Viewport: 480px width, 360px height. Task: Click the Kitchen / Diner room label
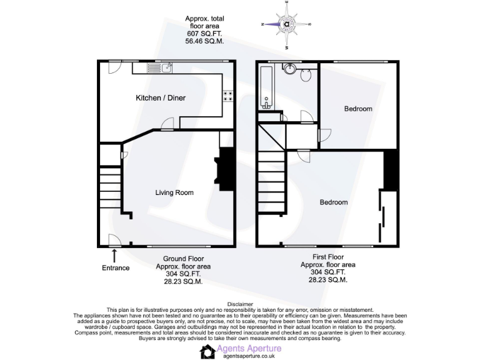(x=161, y=98)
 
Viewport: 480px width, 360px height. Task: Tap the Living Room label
(x=174, y=192)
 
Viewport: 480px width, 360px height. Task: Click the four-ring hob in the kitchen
(x=228, y=97)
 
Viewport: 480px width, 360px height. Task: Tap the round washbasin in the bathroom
(x=289, y=69)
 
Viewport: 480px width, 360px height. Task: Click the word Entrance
(x=116, y=268)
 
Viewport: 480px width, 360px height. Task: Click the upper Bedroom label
(x=358, y=109)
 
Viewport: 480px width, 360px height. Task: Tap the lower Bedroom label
(x=334, y=202)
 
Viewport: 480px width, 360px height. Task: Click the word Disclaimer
(x=240, y=304)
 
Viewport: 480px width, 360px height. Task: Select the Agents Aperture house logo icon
(x=207, y=352)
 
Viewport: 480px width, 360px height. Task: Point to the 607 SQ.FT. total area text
(x=204, y=34)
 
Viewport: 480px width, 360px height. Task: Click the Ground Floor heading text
(x=183, y=259)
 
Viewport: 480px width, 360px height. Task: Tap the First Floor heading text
(x=328, y=257)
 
